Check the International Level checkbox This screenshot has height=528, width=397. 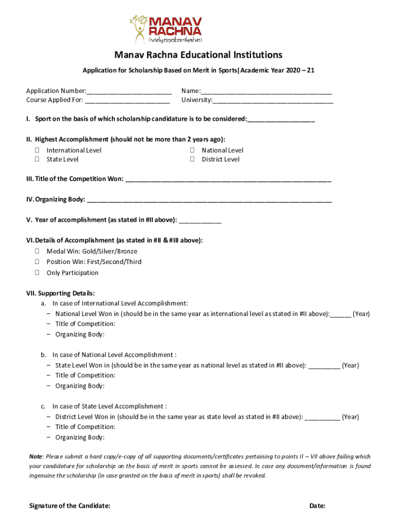coord(37,151)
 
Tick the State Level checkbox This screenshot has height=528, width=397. coord(37,160)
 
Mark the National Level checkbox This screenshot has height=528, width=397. coord(192,151)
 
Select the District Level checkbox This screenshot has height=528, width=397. coord(192,160)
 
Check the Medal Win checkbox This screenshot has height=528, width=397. coord(37,252)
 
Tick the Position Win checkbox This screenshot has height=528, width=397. coord(37,262)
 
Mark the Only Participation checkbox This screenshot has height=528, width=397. coord(37,273)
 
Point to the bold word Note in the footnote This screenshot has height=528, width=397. coord(36,457)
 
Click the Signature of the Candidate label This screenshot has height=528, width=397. coord(70,506)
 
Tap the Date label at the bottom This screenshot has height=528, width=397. coord(317,506)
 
